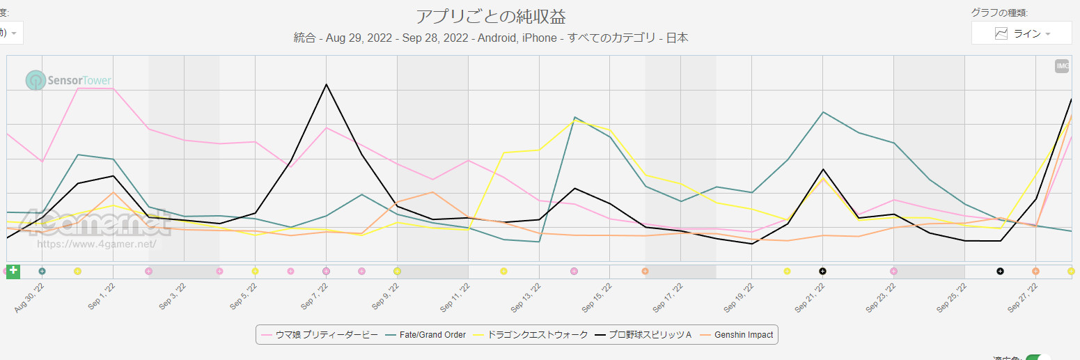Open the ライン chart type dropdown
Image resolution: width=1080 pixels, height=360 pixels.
(x=1022, y=33)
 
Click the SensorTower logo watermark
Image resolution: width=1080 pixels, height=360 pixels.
(x=69, y=81)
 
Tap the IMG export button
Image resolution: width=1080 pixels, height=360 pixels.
(x=1062, y=66)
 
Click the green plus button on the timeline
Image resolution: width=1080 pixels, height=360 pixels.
(x=13, y=271)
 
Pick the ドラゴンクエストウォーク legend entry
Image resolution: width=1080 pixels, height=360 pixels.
(x=531, y=335)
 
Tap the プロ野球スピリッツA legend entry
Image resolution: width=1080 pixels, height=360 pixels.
(x=644, y=335)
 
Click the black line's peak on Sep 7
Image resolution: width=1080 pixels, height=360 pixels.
(x=326, y=84)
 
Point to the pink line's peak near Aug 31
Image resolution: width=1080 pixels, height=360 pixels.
(x=78, y=88)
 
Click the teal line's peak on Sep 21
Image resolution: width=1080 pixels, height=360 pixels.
(x=823, y=112)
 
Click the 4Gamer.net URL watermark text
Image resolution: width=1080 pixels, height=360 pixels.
(x=95, y=244)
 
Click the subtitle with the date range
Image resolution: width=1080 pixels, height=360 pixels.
(x=491, y=38)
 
